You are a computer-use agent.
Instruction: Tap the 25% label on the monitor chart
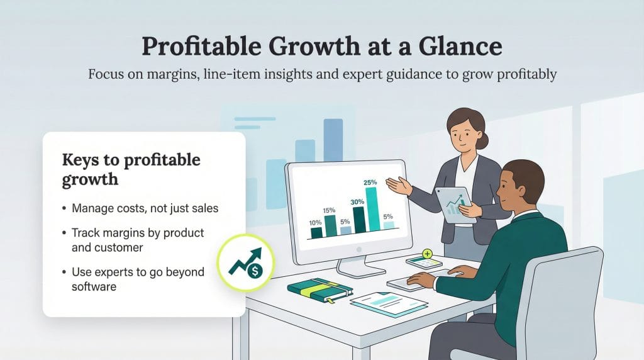click(370, 183)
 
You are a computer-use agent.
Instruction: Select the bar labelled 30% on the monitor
click(359, 220)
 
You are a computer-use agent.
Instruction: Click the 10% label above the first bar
click(316, 222)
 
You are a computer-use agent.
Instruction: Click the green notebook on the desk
click(319, 290)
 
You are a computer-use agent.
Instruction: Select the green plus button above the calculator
click(428, 254)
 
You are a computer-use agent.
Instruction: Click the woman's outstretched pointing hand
click(396, 185)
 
